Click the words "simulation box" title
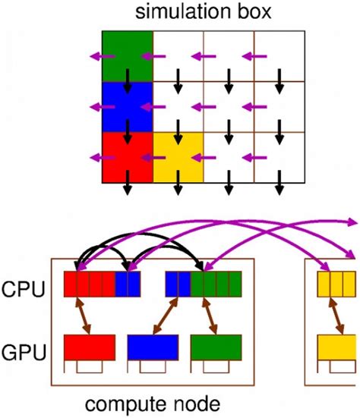[204, 13]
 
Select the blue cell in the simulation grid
[128, 106]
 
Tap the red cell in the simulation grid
[128, 157]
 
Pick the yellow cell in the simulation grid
[178, 157]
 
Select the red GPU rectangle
[89, 347]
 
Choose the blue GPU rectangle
[153, 347]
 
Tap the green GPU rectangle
[216, 347]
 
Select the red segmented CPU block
[89, 283]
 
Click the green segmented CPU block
[216, 283]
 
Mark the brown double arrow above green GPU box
[210, 315]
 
